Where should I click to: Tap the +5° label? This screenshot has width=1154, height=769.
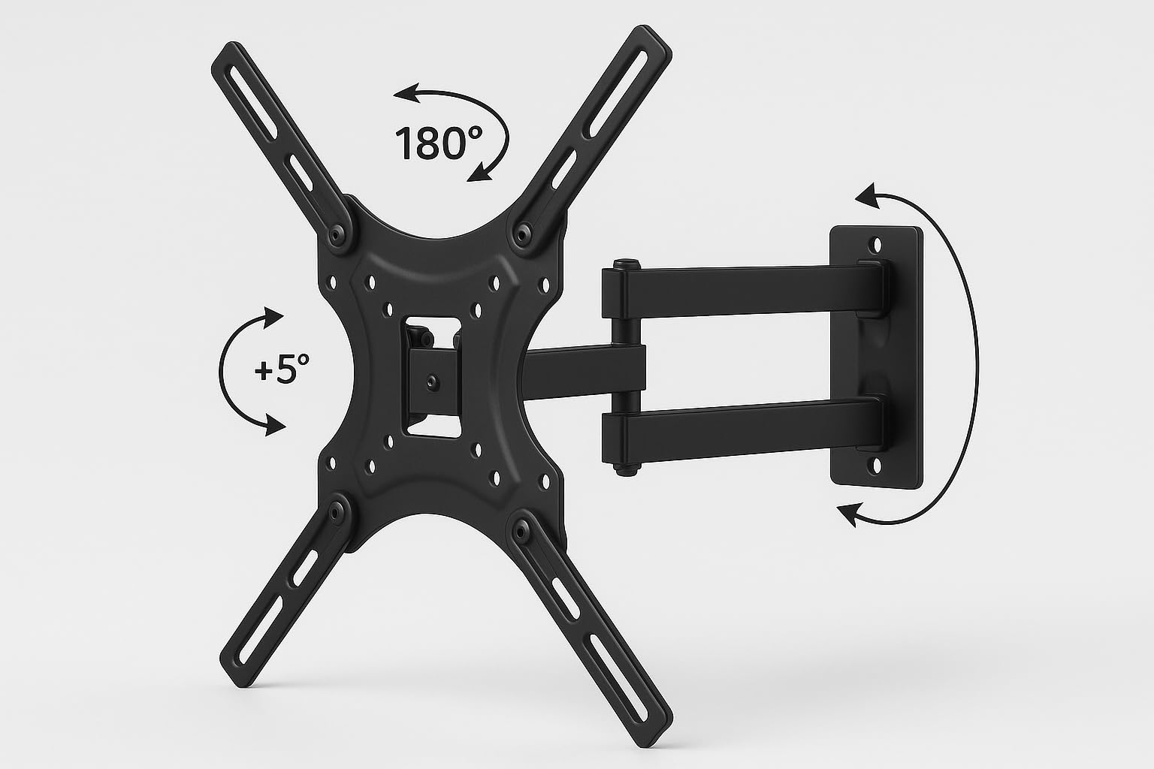click(x=282, y=370)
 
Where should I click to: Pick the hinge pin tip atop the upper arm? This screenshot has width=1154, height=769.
click(x=622, y=264)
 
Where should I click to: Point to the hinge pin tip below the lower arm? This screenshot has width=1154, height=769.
click(x=622, y=471)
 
